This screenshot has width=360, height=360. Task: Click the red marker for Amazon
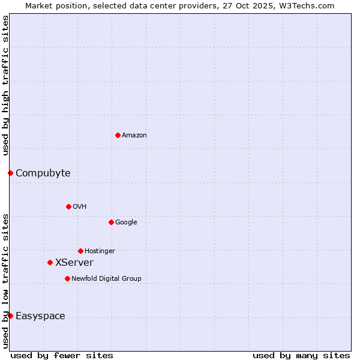coord(118,135)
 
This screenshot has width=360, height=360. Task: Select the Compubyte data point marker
coord(10,173)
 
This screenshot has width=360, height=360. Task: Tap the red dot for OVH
coord(68,206)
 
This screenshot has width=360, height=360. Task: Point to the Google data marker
coord(111,222)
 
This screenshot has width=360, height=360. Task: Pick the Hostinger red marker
coord(80,251)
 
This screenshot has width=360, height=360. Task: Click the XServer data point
coord(50,262)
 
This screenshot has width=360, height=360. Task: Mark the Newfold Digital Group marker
coord(67,278)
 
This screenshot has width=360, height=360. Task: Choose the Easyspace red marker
coord(10,316)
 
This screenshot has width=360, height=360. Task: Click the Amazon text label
coord(134,136)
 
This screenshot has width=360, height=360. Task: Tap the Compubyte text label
coord(43,173)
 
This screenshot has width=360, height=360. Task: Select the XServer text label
coord(74,263)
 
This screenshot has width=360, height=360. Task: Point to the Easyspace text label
coord(40,316)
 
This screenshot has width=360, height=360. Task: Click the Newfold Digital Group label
coord(106,278)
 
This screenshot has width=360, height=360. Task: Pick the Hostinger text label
coord(100,251)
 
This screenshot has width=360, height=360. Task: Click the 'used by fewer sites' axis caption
coord(62,355)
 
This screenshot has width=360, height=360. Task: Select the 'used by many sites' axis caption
coord(301,355)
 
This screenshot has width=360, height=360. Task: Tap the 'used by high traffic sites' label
coord(5,85)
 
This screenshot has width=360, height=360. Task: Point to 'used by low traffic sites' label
coord(5,281)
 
